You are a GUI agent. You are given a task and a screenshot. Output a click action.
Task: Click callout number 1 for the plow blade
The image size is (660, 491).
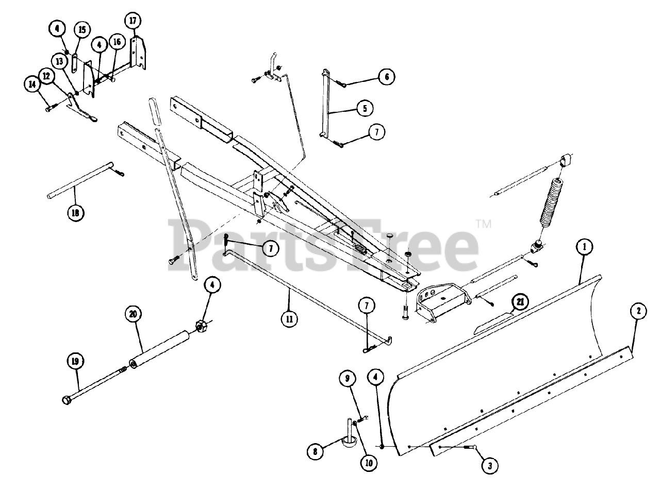(x=585, y=247)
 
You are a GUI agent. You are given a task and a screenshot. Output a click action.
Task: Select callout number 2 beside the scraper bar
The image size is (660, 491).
(x=638, y=311)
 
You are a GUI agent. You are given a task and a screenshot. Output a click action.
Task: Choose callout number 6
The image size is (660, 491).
(x=386, y=77)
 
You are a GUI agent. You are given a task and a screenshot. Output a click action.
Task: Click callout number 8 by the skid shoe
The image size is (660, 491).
(x=315, y=452)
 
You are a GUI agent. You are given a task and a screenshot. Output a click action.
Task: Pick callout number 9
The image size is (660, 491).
(x=348, y=379)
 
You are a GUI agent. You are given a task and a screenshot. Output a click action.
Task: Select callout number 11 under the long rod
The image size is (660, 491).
(x=289, y=318)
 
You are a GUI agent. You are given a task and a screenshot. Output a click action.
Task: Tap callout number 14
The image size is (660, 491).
(x=32, y=83)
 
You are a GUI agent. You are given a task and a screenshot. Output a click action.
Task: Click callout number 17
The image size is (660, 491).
(x=133, y=21)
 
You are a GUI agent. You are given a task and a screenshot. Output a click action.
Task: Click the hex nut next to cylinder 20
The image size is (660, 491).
(x=200, y=326)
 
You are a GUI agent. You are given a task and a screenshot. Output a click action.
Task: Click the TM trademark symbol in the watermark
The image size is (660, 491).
(x=483, y=224)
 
